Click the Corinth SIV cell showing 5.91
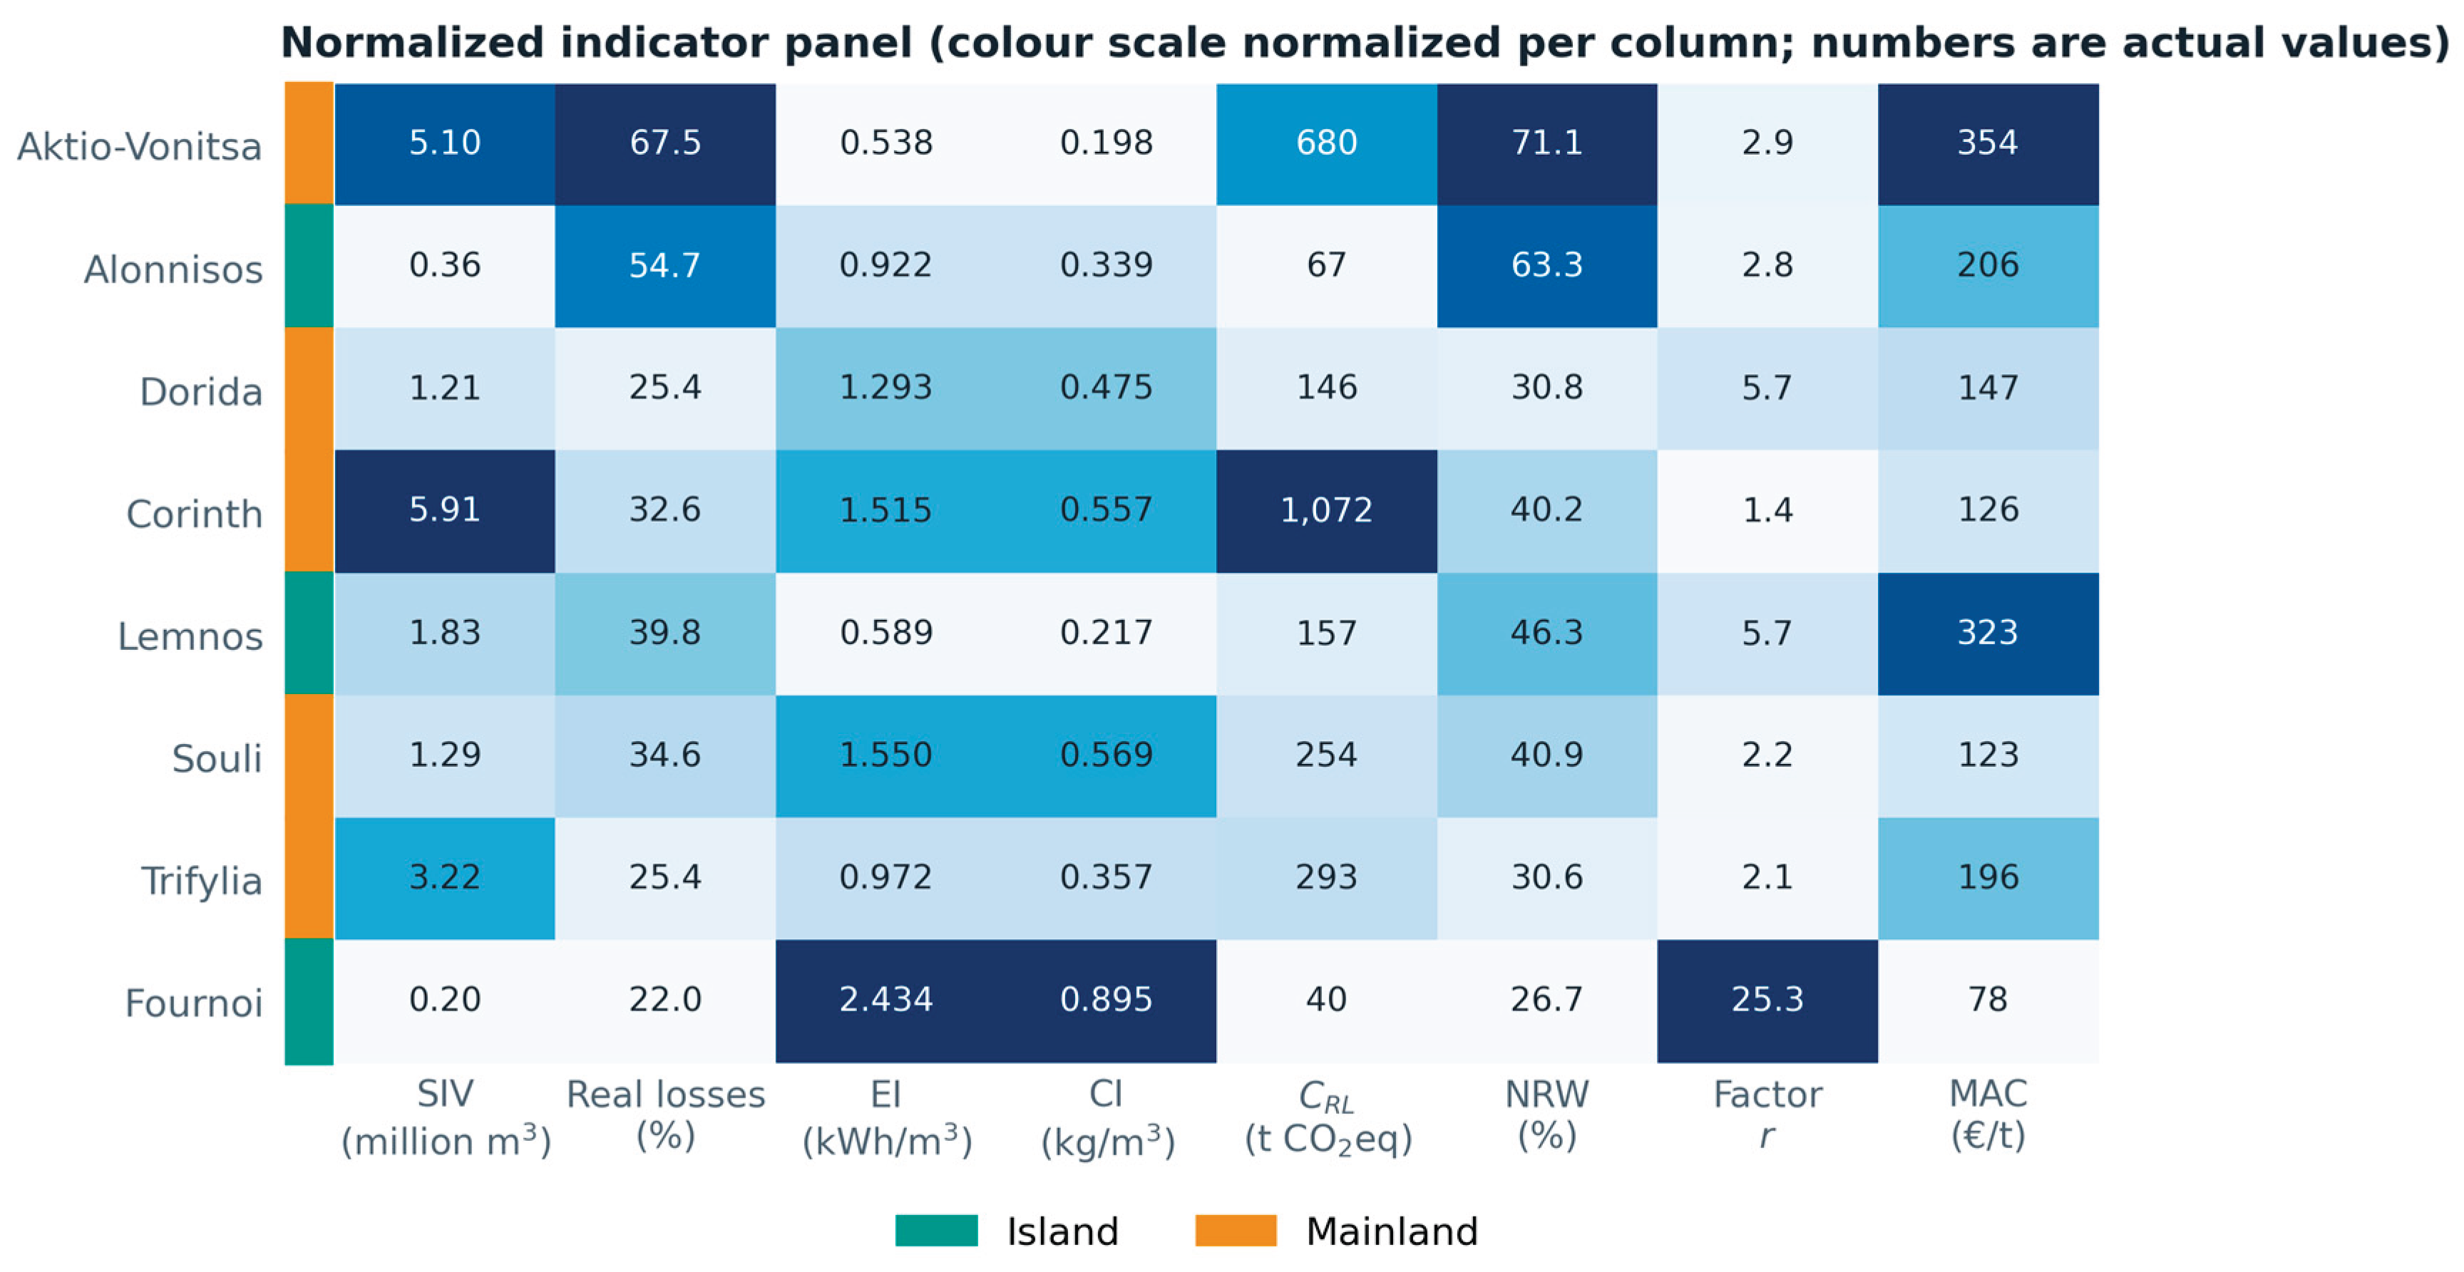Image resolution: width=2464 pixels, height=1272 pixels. point(445,511)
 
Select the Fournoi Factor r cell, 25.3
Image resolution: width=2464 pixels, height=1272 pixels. point(1767,1000)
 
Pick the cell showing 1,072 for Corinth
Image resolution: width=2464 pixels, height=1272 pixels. point(1327,511)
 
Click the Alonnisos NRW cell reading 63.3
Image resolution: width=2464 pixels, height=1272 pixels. point(1546,266)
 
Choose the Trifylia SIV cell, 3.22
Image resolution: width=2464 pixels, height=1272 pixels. point(445,878)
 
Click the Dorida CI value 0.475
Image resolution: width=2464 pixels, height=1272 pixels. point(1106,388)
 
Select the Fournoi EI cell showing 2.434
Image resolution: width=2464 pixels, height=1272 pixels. point(885,1000)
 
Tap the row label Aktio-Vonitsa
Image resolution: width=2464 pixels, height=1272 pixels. point(140,146)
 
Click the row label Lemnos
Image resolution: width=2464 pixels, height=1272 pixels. point(190,636)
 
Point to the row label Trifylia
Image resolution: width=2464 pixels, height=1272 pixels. point(202,881)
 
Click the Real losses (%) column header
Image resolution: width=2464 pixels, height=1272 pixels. point(666,1115)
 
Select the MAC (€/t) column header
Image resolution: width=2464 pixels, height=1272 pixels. point(1988,1115)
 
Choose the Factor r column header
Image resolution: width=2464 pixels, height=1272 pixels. point(1767,1115)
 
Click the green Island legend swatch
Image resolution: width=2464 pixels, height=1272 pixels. point(936,1231)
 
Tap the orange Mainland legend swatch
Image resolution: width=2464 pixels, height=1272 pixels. point(1236,1231)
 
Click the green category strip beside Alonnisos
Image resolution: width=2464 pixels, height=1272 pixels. point(309,266)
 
